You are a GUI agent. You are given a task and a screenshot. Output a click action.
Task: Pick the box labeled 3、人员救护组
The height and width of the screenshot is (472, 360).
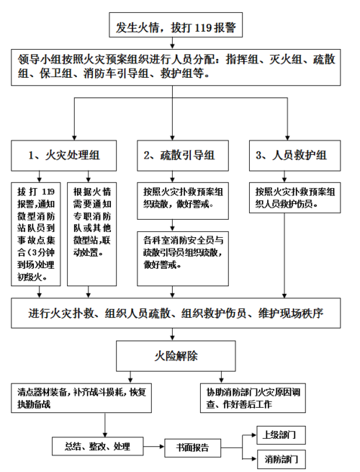[291, 154]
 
